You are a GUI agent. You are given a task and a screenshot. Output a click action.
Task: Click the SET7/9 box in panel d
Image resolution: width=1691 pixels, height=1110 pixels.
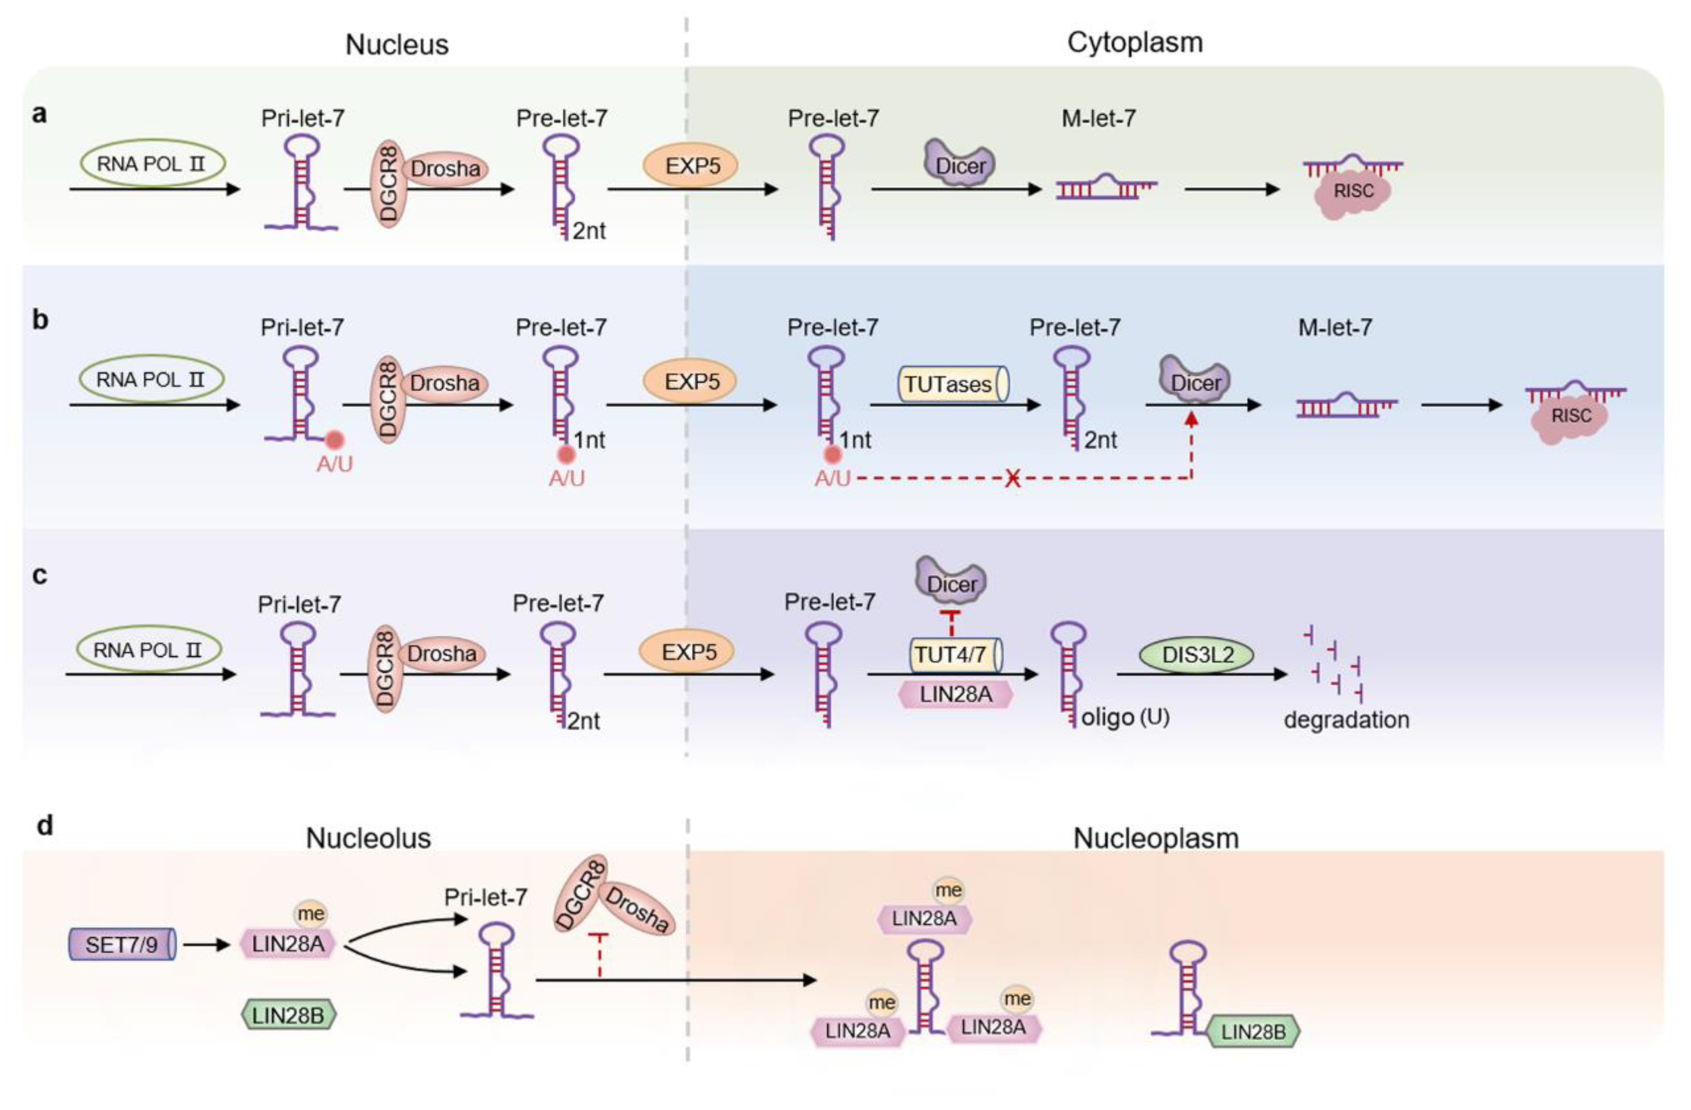(122, 945)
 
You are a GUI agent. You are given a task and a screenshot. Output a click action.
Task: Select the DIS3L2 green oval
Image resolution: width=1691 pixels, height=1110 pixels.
(1198, 654)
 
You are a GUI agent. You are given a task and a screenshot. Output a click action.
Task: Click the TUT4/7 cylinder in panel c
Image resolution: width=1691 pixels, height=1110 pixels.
(956, 654)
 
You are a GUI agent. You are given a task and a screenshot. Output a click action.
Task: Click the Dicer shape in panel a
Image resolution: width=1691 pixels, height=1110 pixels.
(960, 164)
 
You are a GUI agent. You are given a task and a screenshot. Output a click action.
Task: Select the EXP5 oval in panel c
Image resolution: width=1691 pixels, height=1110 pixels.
(688, 651)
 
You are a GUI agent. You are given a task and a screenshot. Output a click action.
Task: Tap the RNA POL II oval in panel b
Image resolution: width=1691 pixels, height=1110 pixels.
(150, 380)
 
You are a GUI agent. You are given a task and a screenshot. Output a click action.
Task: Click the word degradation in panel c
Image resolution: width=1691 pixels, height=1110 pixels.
(1346, 720)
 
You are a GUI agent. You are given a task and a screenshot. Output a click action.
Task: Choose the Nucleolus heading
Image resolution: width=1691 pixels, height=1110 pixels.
(368, 839)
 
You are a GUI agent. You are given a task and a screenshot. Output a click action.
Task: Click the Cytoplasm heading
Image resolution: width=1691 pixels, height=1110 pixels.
(1135, 43)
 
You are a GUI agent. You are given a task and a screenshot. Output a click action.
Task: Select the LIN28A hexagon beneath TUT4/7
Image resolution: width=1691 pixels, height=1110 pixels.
(956, 694)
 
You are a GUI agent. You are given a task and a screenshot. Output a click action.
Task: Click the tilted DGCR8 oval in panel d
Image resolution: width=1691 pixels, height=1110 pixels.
(580, 893)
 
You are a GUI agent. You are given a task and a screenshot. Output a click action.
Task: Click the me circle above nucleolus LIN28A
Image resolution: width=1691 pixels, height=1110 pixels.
(310, 914)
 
